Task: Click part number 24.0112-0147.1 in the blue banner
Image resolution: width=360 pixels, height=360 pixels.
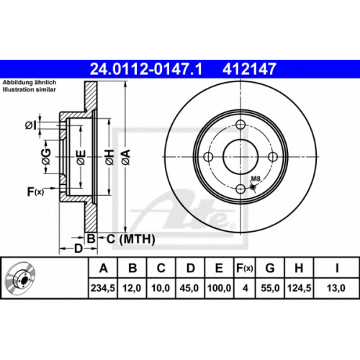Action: pyautogui.click(x=146, y=69)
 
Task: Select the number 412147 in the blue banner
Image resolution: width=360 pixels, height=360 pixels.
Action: pyautogui.click(x=249, y=69)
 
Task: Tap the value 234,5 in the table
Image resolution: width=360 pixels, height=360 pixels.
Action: pyautogui.click(x=103, y=288)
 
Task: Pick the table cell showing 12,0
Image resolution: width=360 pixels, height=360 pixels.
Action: pyautogui.click(x=132, y=288)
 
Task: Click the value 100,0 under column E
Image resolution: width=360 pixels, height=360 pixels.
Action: pyautogui.click(x=219, y=288)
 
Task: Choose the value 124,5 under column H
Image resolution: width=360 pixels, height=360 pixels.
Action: pyautogui.click(x=299, y=288)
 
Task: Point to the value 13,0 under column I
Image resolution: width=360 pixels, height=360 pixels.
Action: pyautogui.click(x=336, y=288)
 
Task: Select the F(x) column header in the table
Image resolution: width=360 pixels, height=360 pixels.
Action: pyautogui.click(x=245, y=268)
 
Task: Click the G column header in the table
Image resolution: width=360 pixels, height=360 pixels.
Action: pyautogui.click(x=270, y=268)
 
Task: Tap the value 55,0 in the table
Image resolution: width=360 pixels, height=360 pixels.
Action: pyautogui.click(x=270, y=288)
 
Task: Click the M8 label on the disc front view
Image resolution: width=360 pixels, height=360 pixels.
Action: pyautogui.click(x=256, y=179)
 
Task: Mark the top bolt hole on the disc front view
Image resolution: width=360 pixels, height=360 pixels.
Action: pyautogui.click(x=240, y=125)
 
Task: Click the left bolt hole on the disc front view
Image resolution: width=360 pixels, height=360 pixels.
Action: pyautogui.click(x=208, y=157)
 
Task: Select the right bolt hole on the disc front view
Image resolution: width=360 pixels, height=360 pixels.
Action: pyautogui.click(x=273, y=157)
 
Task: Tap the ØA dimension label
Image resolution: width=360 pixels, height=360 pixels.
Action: pyautogui.click(x=126, y=157)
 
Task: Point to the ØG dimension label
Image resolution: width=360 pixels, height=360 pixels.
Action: pyautogui.click(x=47, y=157)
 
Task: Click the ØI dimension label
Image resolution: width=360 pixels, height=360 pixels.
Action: pyautogui.click(x=32, y=125)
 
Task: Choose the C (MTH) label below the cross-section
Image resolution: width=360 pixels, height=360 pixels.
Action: pyautogui.click(x=130, y=239)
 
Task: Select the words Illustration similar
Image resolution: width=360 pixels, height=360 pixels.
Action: pyautogui.click(x=29, y=90)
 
